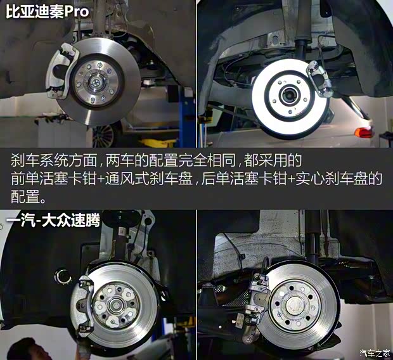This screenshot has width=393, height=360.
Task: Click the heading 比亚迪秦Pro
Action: [x=44, y=12]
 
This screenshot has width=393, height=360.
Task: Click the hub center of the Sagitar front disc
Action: [x=117, y=304]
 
